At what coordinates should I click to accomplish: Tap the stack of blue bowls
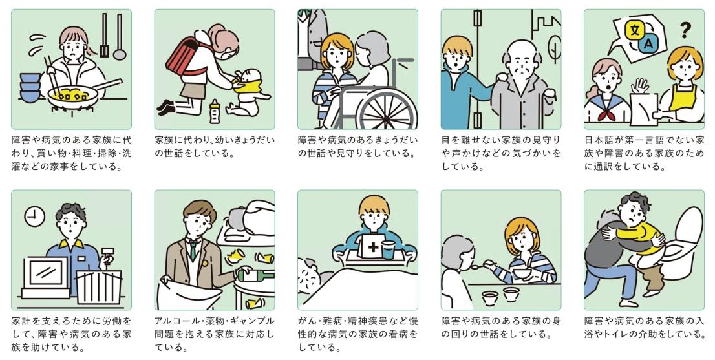pos(30,87)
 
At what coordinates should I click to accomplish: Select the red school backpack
pos(184,58)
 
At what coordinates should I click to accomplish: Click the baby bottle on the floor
pos(215,111)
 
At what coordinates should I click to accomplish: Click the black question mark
pos(685,30)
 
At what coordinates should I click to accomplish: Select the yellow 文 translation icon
pos(635,31)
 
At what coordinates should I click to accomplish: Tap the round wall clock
pos(35,217)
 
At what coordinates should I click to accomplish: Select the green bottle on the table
pos(255,275)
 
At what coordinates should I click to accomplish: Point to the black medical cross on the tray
pos(374,248)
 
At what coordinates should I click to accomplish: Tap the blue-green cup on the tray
pos(388,250)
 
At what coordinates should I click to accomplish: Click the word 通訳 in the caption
pos(604,166)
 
